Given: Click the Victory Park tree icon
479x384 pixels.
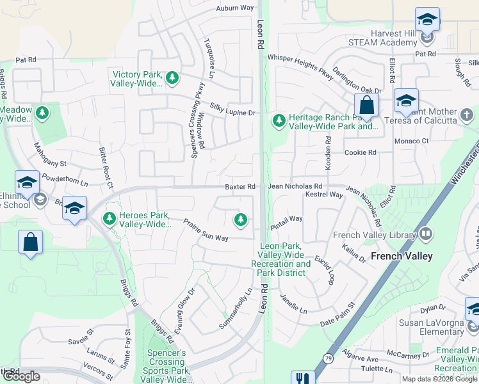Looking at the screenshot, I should click(x=172, y=78).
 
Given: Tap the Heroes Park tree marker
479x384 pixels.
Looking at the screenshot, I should click(x=109, y=219).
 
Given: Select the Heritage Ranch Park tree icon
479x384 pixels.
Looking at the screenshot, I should click(x=279, y=120).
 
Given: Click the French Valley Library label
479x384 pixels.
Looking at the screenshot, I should click(x=375, y=235).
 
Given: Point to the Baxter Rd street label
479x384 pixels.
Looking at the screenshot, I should click(x=240, y=186).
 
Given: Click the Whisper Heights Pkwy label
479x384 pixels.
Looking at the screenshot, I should click(x=300, y=66).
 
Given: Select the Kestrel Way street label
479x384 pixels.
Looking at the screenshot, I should click(x=324, y=195).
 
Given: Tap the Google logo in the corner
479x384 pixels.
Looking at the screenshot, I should click(x=21, y=376).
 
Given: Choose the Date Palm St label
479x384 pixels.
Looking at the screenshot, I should click(x=337, y=316).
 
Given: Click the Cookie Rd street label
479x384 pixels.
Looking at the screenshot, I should click(x=360, y=153).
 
